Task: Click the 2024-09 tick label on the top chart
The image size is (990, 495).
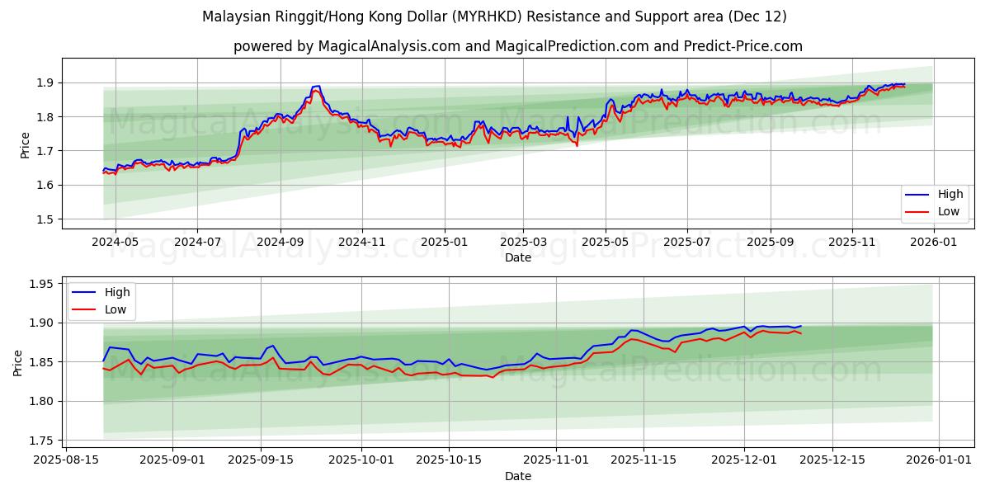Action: tap(280, 242)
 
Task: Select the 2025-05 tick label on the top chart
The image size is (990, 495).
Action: tap(606, 242)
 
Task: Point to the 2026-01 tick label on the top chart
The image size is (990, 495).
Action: tap(933, 242)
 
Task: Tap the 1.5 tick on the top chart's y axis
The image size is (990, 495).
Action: tap(45, 219)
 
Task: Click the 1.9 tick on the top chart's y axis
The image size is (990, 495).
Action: tap(45, 82)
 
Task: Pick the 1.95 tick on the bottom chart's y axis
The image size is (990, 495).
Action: tap(42, 284)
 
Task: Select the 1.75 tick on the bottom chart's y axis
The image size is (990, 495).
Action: tap(42, 441)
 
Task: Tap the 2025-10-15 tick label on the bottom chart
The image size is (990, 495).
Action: tap(449, 460)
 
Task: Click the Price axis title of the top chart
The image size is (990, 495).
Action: tap(26, 144)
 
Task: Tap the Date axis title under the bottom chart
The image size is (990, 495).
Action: tap(517, 476)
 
